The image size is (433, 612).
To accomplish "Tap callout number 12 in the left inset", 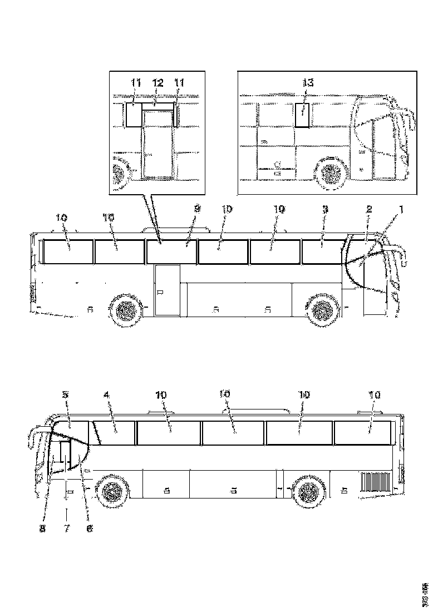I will click(158, 83).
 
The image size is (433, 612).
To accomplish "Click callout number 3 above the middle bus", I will click(326, 209).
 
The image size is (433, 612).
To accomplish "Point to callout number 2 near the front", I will click(368, 209).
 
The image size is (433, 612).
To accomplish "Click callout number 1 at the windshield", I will click(401, 209).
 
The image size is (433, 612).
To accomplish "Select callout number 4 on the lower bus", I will click(106, 394).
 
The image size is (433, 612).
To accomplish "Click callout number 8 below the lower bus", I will click(42, 529).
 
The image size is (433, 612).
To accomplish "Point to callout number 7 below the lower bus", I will click(66, 529).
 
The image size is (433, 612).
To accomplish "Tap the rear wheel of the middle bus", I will click(127, 310).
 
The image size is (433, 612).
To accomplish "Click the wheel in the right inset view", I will click(332, 174).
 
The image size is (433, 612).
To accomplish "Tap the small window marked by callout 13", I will click(302, 115).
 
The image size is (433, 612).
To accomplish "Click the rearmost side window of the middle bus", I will click(68, 251).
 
